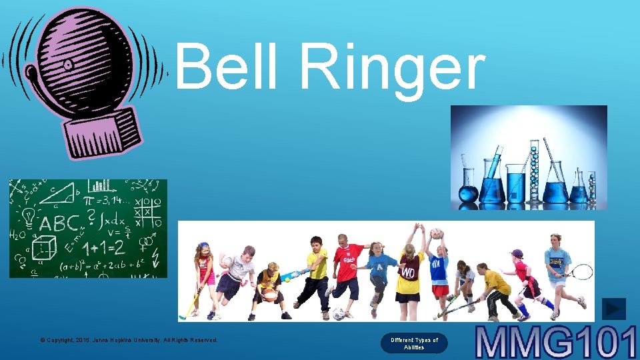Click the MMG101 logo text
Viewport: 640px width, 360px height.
[556, 341]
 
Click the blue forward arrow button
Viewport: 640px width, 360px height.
[613, 308]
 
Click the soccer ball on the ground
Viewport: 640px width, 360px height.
[339, 313]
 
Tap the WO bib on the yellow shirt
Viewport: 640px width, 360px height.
[407, 273]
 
